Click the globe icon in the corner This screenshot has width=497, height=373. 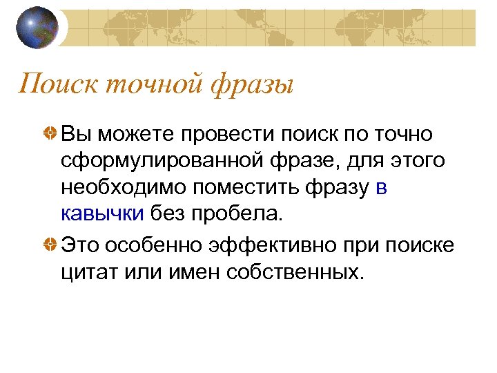coord(38,28)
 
